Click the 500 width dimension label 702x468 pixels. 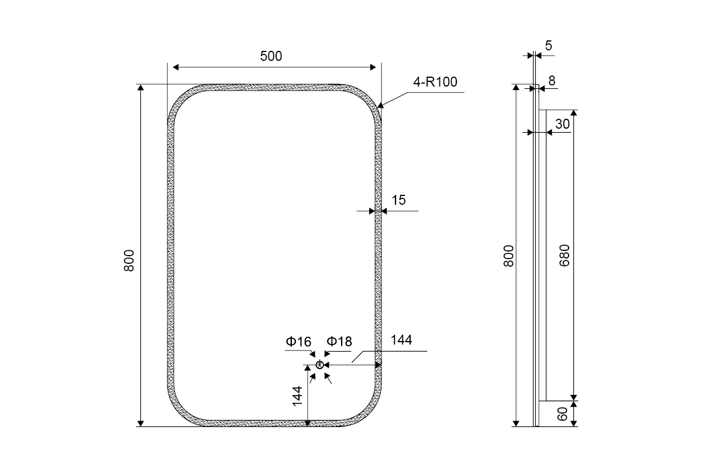271,56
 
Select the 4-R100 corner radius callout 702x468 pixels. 435,82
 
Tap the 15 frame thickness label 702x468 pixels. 398,200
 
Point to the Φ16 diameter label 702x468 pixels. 298,342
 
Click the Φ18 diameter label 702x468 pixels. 339,342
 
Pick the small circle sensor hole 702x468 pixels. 319,365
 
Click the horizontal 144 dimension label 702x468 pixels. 401,340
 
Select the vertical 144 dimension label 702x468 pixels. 297,396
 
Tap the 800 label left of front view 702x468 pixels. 129,260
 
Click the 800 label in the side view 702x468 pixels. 508,256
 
